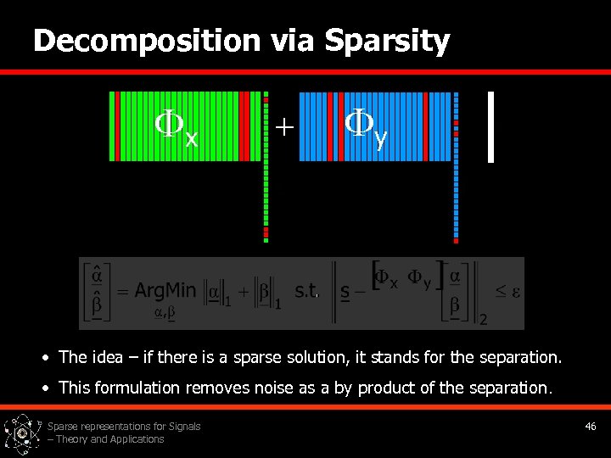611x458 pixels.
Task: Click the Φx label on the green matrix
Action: (x=176, y=126)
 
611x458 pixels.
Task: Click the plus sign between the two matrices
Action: (x=284, y=127)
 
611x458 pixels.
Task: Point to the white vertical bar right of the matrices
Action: (x=490, y=126)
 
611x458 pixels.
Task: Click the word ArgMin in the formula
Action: (x=165, y=291)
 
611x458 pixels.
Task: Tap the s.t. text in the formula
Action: (x=306, y=291)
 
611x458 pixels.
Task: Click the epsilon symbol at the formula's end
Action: (x=514, y=291)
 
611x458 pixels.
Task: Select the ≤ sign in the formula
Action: (x=501, y=291)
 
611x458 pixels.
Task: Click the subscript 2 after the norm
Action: (x=483, y=320)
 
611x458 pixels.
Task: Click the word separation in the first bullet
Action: (x=519, y=358)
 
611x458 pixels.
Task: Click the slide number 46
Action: (x=591, y=427)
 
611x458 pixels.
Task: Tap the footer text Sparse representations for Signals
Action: (x=124, y=427)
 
